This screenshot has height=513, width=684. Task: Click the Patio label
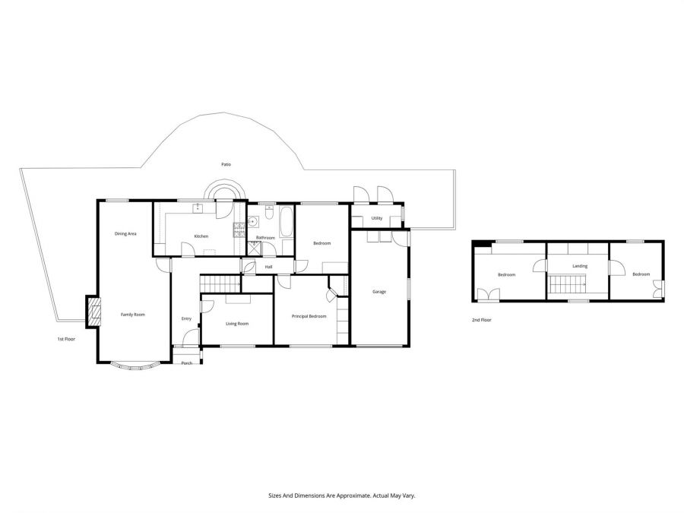[226, 164]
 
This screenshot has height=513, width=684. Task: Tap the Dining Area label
[125, 234]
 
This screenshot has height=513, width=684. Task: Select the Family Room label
[132, 315]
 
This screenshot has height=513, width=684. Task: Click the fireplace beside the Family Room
[93, 312]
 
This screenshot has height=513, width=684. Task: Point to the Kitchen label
[201, 236]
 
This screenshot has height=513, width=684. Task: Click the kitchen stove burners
[239, 230]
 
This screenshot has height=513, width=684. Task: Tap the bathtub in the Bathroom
[287, 222]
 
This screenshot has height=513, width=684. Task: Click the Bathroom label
[266, 238]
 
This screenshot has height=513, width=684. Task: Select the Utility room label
[377, 218]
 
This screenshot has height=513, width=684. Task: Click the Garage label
[379, 292]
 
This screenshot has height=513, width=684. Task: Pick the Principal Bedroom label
[309, 316]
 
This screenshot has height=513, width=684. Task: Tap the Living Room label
[237, 324]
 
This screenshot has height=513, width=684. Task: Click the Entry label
[186, 319]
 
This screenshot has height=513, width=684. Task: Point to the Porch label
[187, 363]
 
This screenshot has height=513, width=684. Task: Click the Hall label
[269, 267]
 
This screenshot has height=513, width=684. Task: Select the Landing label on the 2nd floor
[580, 266]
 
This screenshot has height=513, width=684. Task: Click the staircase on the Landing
[568, 284]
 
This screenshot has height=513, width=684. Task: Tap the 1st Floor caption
[66, 338]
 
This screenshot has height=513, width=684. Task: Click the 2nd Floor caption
[482, 320]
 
